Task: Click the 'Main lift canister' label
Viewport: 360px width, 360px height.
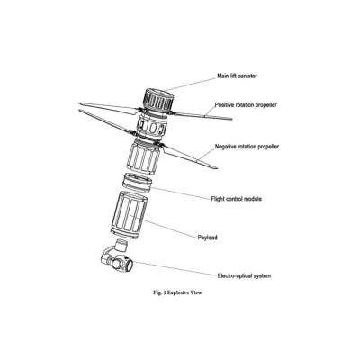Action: pos(237,76)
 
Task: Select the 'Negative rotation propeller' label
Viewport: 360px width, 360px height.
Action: pos(247,147)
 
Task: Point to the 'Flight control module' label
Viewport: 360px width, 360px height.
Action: pos(237,199)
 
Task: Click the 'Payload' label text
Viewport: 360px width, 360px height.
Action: pos(207,238)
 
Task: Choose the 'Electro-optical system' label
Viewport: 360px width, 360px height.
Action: pos(244,275)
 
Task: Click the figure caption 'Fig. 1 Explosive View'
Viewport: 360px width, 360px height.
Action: pos(177,292)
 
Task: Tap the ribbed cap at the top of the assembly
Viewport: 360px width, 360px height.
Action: pos(157,99)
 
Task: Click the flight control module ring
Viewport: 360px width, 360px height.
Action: pos(138,183)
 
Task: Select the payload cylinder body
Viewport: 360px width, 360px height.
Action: pos(129,215)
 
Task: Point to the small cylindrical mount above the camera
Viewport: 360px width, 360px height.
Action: pos(121,245)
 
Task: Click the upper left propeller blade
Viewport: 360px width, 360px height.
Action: pos(109,108)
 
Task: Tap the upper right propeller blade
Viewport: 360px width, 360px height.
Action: pos(202,116)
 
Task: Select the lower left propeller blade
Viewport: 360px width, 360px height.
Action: pos(105,122)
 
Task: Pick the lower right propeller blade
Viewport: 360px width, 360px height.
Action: pos(190,157)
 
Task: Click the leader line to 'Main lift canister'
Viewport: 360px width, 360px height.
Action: pos(191,84)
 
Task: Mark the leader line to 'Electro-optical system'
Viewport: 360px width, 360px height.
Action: pos(175,268)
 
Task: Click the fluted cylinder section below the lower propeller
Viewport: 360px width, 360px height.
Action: pos(142,157)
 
